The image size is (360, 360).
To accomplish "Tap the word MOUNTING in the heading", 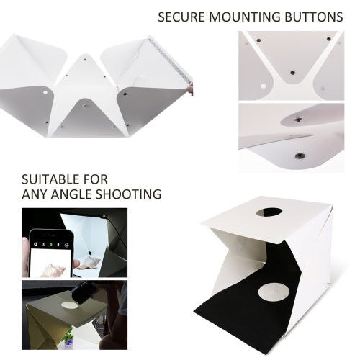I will pos(242,16).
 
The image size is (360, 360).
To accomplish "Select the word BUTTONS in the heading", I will pos(312,16).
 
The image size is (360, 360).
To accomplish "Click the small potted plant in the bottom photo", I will pos(69,336).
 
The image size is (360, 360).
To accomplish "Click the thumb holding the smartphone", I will pos(29,252).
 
